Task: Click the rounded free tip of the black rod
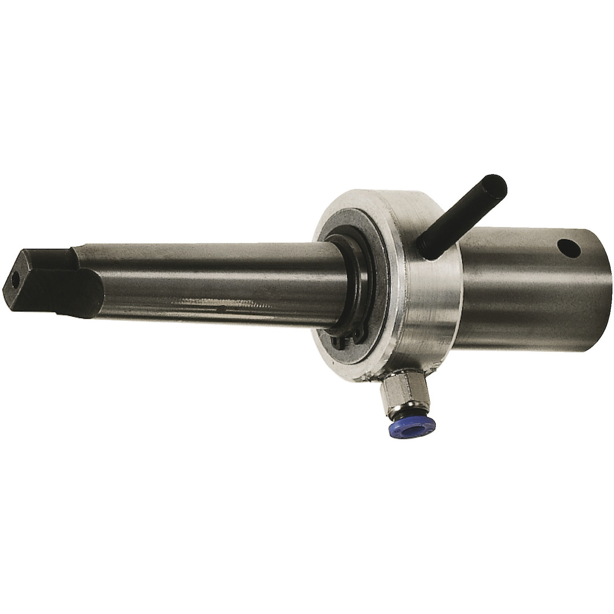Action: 497,184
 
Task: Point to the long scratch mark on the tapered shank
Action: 219,305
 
